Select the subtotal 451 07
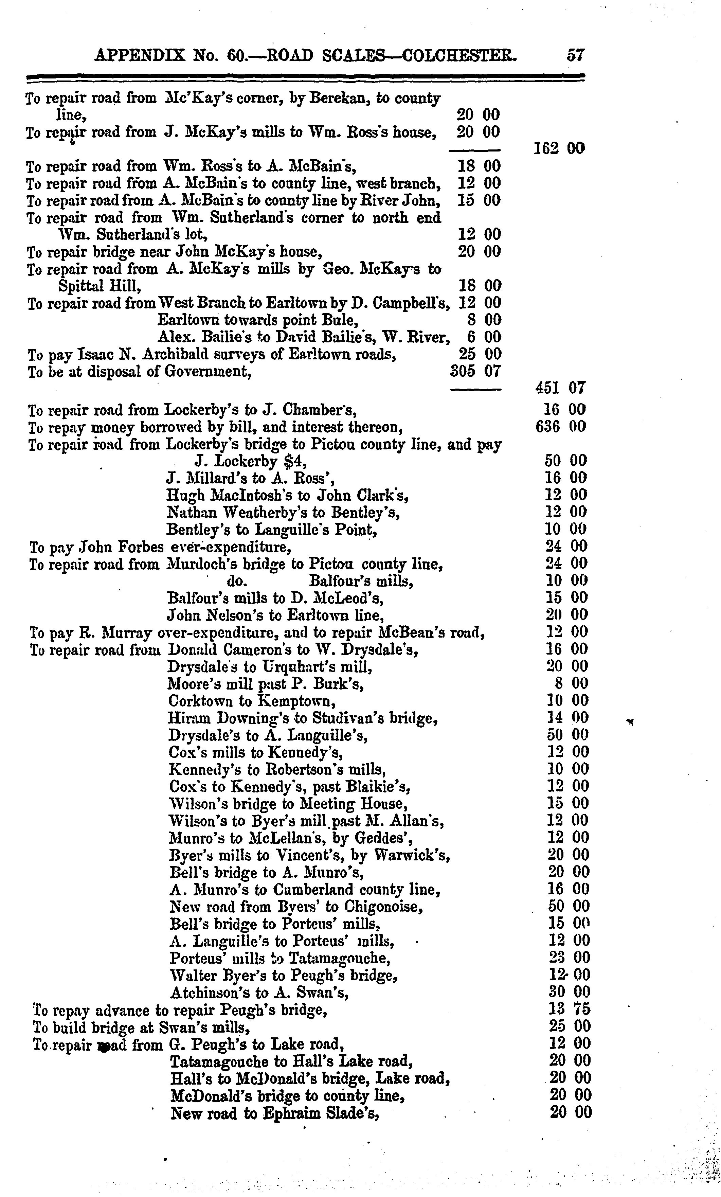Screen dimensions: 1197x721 tap(560, 388)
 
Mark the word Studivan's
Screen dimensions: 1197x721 tap(347, 717)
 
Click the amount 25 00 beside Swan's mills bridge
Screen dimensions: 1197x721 tap(570, 1026)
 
